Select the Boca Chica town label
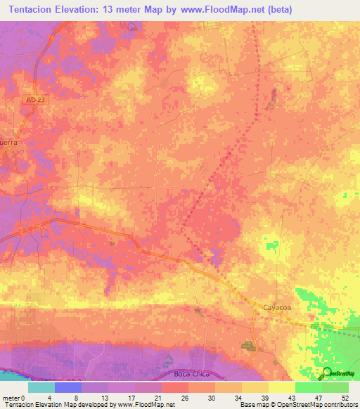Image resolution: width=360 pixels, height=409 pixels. click(191, 375)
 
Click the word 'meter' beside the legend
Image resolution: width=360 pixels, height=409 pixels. click(11, 397)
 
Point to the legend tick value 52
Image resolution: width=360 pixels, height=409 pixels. click(345, 397)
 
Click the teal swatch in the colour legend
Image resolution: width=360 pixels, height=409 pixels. click(41, 387)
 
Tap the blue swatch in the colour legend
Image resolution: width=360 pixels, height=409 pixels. click(68, 387)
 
